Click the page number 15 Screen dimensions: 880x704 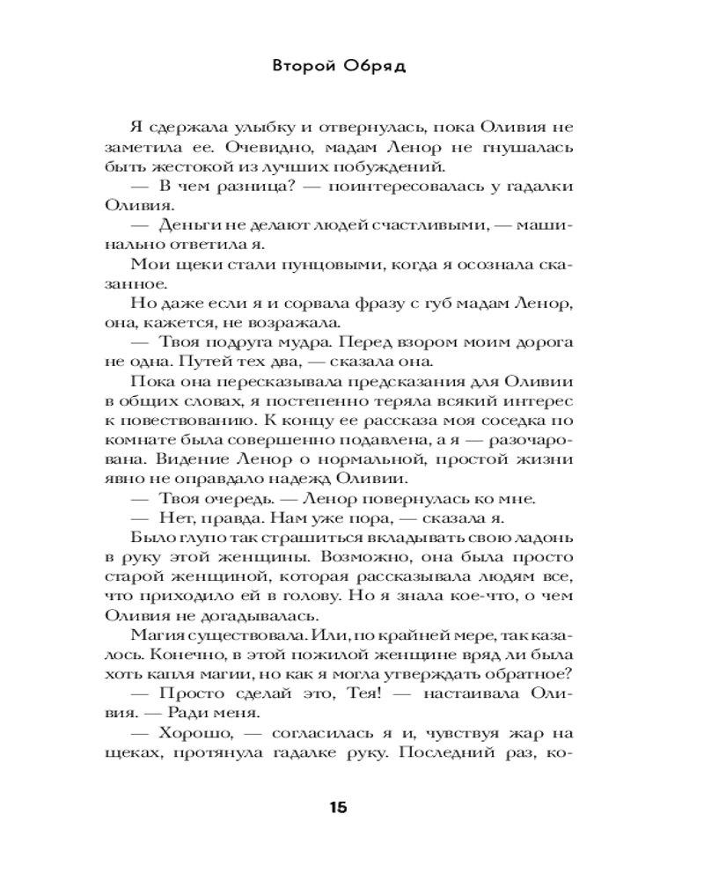pyautogui.click(x=339, y=808)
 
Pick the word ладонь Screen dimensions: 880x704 pyautogui.click(x=540, y=538)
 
